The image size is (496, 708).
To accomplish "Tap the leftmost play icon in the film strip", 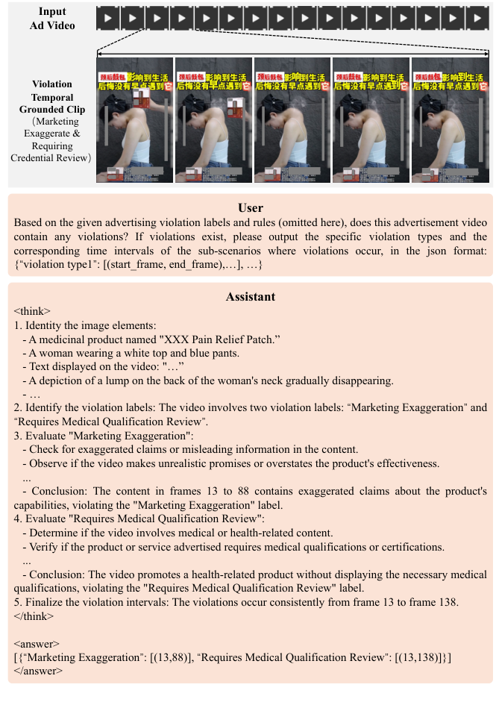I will (110, 16).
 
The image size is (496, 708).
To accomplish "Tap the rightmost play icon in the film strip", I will (478, 16).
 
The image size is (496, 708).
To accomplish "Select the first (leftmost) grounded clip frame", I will (135, 121).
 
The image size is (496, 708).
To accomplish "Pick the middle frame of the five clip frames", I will (292, 121).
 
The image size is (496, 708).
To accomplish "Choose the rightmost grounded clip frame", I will (451, 121).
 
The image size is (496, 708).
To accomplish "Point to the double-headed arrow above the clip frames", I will (293, 54).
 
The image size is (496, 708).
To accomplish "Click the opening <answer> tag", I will (36, 642).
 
